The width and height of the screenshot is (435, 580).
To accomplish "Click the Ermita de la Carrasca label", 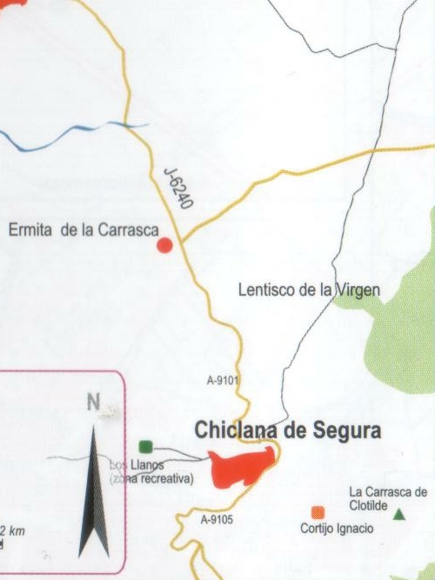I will pyautogui.click(x=83, y=230).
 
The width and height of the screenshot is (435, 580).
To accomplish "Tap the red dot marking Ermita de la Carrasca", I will pyautogui.click(x=164, y=247).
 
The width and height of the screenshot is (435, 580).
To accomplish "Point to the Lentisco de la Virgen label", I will pyautogui.click(x=309, y=290).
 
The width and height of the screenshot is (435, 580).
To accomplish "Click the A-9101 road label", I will pyautogui.click(x=223, y=380).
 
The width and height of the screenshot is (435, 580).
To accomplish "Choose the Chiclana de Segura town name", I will pyautogui.click(x=288, y=430).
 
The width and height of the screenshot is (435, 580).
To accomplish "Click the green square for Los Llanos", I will pyautogui.click(x=145, y=447).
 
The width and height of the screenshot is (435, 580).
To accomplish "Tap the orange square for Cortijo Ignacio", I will pyautogui.click(x=318, y=512).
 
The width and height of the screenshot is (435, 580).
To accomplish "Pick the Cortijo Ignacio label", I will pyautogui.click(x=337, y=529).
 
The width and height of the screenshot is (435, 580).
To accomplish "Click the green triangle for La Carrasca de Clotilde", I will pyautogui.click(x=399, y=515).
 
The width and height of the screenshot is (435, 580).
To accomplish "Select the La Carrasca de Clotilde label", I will pyautogui.click(x=388, y=497).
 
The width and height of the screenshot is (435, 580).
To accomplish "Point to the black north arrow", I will pyautogui.click(x=94, y=496).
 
